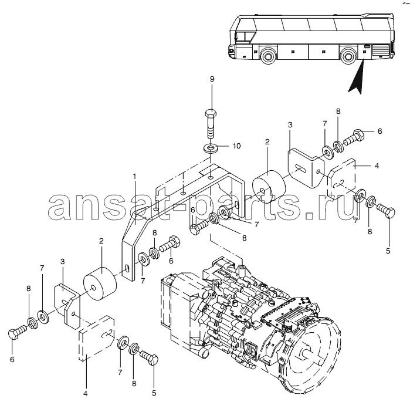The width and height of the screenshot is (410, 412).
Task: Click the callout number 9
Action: [212, 79]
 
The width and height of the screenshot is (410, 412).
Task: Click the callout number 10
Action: [236, 146]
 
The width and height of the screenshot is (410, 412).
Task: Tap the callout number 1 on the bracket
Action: [135, 176]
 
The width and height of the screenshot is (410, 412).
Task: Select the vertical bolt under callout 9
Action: [211, 123]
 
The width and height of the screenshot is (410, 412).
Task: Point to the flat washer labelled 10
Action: [211, 148]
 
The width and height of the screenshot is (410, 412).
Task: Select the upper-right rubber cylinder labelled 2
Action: [269, 187]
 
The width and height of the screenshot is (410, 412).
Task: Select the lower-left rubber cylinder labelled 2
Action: [100, 284]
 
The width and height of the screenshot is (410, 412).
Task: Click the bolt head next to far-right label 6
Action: [359, 134]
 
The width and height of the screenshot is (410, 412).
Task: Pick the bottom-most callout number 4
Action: [85, 394]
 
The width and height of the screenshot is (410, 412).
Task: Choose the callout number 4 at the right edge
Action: [377, 166]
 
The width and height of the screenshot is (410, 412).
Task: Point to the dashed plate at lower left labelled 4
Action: [97, 337]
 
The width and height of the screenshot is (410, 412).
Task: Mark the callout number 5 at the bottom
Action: [154, 393]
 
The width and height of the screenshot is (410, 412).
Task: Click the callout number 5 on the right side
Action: [388, 251]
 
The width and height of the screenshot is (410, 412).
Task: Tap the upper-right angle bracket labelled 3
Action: [306, 168]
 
